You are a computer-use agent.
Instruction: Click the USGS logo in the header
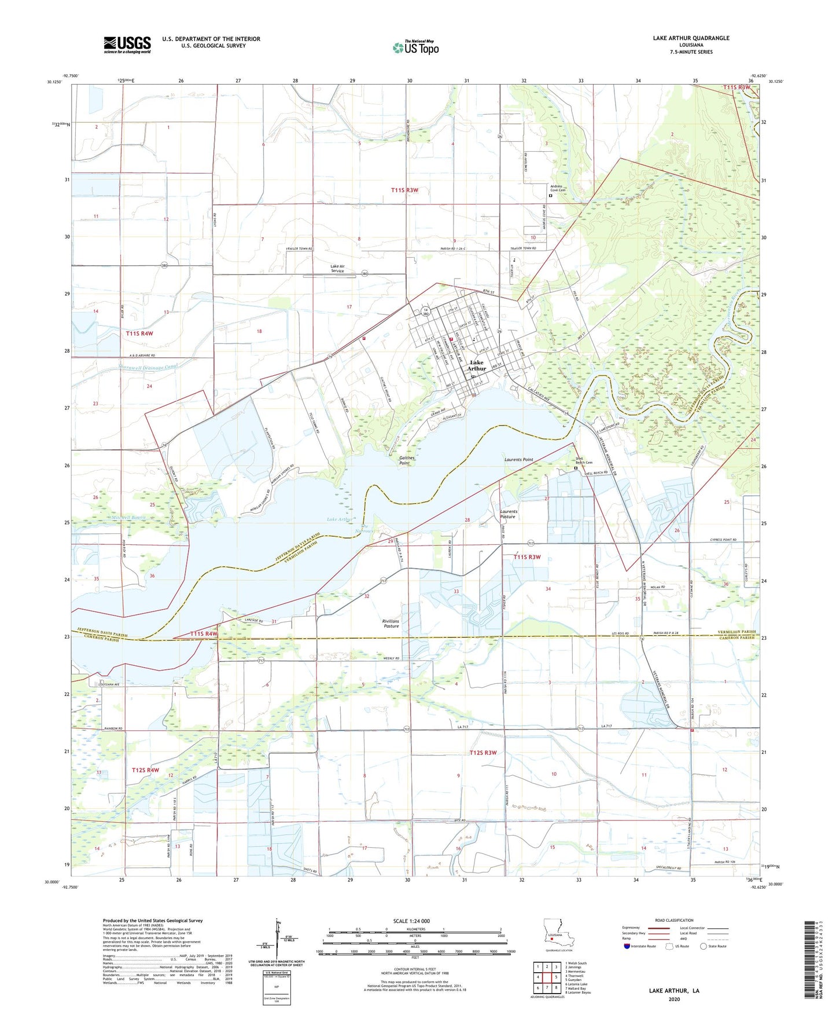point(127,45)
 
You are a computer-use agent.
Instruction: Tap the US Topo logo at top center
point(415,47)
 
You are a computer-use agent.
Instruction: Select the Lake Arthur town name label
point(477,365)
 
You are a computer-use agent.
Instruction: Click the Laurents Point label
point(518,460)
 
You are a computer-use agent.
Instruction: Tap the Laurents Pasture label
point(509,514)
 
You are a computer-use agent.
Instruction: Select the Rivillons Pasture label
point(391,624)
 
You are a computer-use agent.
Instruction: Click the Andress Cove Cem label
point(558,189)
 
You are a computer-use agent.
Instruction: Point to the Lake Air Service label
point(337,269)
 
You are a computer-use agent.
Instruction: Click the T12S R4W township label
point(145,770)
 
